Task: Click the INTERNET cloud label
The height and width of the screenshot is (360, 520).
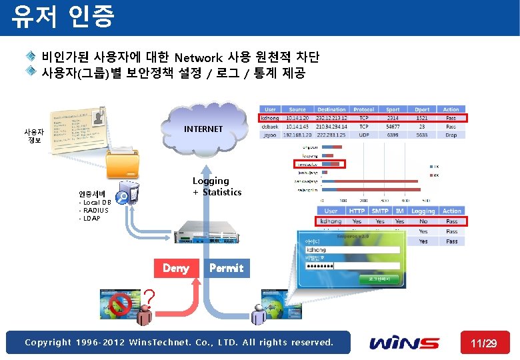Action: pos(203,129)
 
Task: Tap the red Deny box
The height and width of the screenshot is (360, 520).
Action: pos(176,268)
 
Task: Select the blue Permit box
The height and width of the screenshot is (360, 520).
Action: pos(227,268)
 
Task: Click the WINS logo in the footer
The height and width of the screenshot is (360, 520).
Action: pos(405,343)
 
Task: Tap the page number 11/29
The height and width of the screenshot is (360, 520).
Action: pos(484,343)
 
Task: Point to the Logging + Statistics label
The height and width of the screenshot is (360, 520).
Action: pos(217,187)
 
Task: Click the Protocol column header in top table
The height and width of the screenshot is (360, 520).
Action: pos(364,109)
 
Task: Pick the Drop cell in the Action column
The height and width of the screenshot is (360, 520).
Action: pos(451,135)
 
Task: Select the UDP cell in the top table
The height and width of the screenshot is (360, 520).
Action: pos(364,135)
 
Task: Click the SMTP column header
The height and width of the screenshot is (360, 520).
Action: pos(380,211)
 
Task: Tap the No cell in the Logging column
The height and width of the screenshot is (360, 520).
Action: pos(423,221)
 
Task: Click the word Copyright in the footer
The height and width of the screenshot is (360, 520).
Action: pos(49,343)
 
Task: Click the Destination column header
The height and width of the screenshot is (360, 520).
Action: pos(331,109)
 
